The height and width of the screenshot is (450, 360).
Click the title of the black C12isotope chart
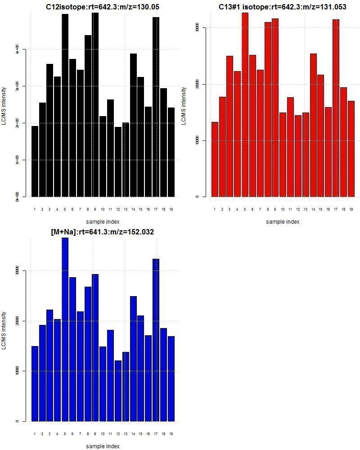(x=103, y=7)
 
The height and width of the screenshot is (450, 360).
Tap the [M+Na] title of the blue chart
(x=103, y=232)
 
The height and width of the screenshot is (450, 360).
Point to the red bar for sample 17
(x=336, y=108)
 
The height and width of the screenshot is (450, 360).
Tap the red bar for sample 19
(x=351, y=149)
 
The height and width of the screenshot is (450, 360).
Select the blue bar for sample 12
(x=118, y=391)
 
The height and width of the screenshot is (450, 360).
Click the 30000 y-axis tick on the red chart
(x=197, y=28)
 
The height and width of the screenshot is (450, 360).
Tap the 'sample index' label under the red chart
(x=282, y=221)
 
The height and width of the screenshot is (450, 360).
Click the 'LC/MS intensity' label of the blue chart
(x=4, y=330)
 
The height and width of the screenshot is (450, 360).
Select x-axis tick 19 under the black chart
(x=171, y=209)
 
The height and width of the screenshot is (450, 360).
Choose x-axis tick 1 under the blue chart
(x=35, y=434)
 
